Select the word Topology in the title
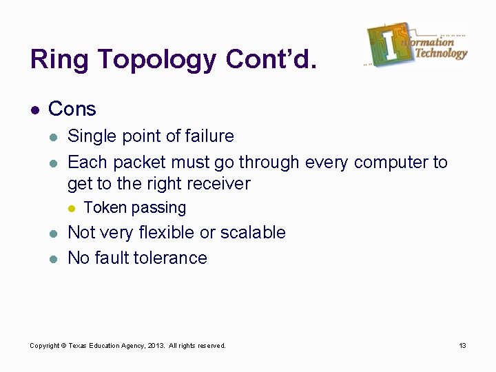[x=157, y=61]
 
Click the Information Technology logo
[x=417, y=44]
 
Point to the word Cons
[x=72, y=109]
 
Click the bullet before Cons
[x=34, y=110]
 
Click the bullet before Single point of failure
[x=54, y=136]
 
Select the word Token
[x=105, y=207]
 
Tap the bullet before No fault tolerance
[x=54, y=258]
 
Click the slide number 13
[x=463, y=345]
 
